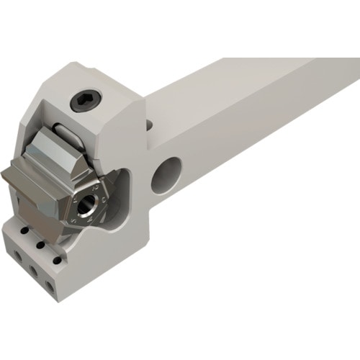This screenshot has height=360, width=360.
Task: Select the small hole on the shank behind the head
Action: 149,125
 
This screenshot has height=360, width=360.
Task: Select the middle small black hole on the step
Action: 39,243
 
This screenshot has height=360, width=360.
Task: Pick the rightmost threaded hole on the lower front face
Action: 50,285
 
